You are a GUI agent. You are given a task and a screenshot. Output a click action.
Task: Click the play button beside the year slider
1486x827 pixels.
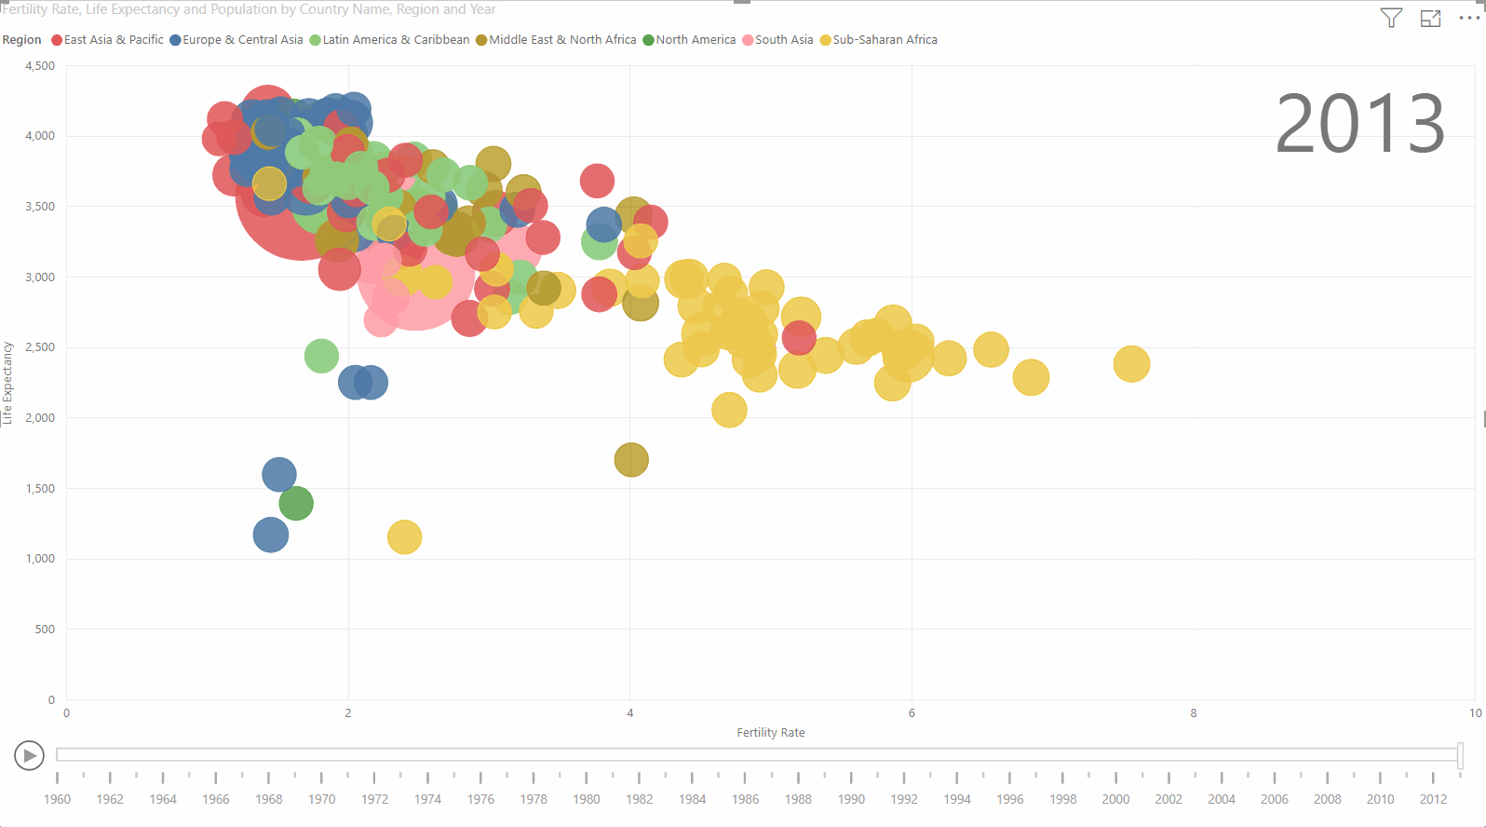[29, 755]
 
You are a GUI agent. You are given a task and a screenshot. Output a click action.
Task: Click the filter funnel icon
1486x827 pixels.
[1391, 18]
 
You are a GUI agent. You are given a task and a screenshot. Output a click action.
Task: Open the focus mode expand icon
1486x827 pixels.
[1430, 18]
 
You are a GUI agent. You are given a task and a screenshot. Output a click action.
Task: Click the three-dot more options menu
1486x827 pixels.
[1468, 18]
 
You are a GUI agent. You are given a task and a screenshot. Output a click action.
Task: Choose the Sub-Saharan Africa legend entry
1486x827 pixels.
[884, 40]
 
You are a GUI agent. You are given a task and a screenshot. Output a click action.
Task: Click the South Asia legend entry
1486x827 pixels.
[783, 40]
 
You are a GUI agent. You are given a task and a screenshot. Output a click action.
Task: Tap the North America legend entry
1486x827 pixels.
[695, 40]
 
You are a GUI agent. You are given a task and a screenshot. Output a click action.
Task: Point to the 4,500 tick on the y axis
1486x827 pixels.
[40, 66]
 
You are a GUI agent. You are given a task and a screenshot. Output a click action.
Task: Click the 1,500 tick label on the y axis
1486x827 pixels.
[40, 488]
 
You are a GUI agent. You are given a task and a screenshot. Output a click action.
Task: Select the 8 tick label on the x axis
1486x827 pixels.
[1193, 713]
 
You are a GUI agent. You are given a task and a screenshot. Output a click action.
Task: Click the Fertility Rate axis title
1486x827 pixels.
[770, 733]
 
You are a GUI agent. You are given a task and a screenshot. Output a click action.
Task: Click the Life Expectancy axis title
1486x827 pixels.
[7, 383]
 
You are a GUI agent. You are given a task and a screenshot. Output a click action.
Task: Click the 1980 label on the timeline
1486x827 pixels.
[587, 799]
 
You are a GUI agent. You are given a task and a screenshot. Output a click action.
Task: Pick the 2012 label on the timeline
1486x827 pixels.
[1433, 799]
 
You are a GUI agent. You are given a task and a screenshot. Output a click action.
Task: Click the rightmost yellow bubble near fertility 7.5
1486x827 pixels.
[1131, 364]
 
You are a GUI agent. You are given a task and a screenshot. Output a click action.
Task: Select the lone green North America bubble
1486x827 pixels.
[296, 504]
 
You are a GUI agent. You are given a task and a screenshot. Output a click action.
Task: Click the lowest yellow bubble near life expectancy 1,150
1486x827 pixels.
[404, 537]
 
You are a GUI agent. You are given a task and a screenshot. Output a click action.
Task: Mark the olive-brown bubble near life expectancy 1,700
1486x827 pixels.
[631, 459]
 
